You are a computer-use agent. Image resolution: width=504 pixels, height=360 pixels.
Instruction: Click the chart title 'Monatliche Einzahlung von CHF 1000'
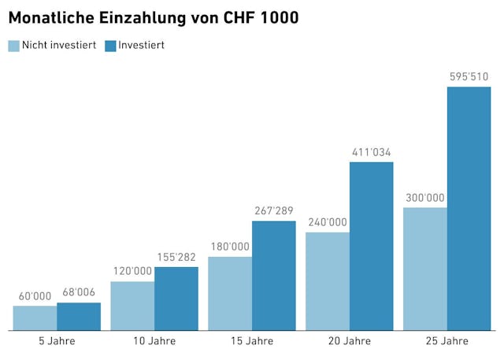[x=154, y=17]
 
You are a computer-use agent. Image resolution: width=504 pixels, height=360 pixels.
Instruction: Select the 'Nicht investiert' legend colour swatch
[x=13, y=46]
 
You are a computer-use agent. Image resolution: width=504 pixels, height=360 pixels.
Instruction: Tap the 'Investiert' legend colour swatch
[x=110, y=46]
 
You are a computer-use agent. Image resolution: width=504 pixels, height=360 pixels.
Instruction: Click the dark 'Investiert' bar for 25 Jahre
[x=469, y=209]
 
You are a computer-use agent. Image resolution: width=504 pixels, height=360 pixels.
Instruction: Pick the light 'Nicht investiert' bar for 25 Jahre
[x=425, y=269]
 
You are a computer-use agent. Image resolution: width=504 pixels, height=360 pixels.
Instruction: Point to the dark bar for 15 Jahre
[x=274, y=276]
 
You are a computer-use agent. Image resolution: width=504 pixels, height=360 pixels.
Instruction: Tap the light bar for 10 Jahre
[x=132, y=306]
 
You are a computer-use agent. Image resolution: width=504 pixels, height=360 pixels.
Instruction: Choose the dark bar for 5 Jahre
[x=79, y=316]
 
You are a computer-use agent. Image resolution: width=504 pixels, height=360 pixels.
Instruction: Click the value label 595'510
[x=469, y=76]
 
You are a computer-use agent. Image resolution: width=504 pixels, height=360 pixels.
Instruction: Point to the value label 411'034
[x=371, y=152]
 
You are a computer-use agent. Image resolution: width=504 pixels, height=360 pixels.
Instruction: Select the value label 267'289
[x=274, y=210]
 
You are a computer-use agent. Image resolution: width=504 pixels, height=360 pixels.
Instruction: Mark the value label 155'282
[x=176, y=257]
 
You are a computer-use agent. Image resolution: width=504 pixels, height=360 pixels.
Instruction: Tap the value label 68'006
[x=79, y=292]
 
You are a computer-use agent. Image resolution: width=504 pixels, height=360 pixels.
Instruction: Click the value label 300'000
[x=425, y=198]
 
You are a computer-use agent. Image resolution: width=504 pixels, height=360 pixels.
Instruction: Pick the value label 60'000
[x=35, y=296]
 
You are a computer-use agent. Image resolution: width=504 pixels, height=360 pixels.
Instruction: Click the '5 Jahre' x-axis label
[x=57, y=341]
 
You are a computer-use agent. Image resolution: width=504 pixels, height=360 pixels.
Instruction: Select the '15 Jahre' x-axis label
[x=252, y=341]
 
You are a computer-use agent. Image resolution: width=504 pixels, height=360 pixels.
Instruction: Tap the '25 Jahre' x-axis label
[x=447, y=341]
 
